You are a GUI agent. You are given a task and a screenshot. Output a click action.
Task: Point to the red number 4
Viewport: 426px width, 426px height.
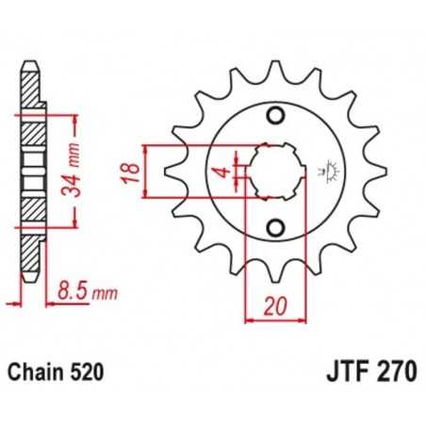(218, 172)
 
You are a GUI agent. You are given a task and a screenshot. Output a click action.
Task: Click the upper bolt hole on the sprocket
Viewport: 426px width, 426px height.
(275, 116)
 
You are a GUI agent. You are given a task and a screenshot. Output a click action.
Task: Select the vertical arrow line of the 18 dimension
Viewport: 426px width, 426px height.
(146, 172)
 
